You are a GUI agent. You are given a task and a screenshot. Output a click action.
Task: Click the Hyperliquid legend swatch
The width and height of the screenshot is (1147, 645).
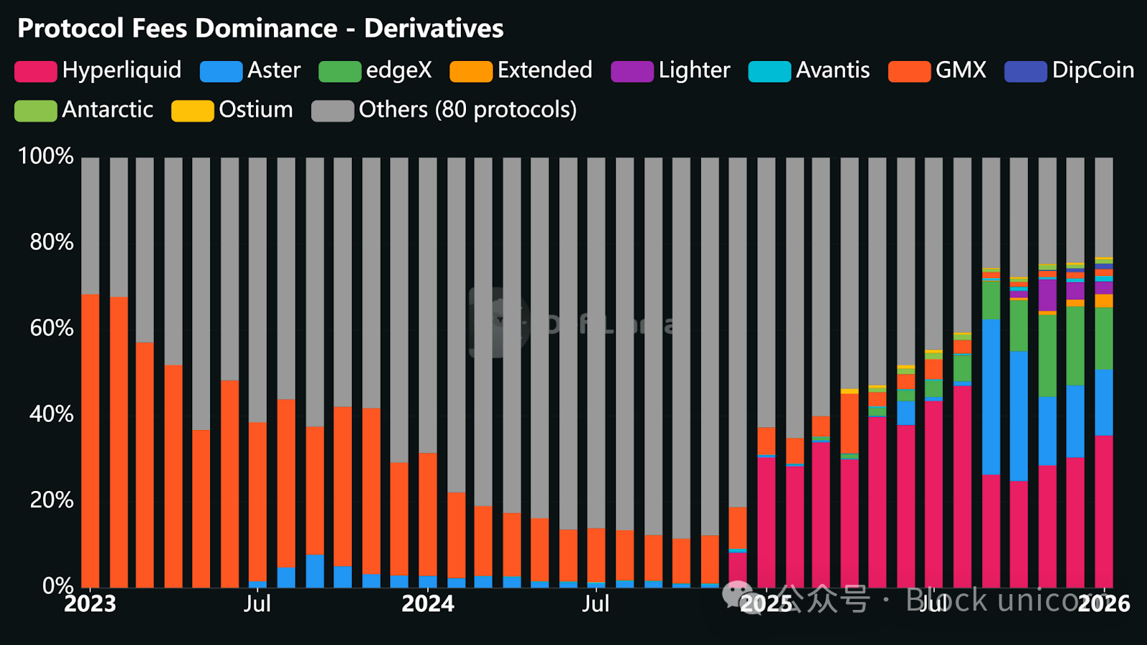click(36, 72)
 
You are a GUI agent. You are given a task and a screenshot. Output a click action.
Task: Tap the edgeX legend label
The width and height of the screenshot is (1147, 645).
click(399, 70)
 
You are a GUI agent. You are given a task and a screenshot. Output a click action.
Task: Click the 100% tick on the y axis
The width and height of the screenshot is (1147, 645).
click(46, 156)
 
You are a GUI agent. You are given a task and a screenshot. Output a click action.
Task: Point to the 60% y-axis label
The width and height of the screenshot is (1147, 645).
click(52, 328)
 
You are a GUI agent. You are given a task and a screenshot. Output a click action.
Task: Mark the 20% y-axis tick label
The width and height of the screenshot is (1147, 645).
click(52, 500)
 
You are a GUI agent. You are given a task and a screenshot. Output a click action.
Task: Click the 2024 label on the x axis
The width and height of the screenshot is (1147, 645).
click(427, 603)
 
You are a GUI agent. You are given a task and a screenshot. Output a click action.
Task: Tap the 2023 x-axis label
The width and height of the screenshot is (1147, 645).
click(90, 603)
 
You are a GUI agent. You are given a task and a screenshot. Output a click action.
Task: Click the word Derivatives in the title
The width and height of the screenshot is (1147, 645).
click(434, 29)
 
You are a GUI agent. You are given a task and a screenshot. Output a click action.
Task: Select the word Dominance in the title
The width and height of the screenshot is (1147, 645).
click(266, 29)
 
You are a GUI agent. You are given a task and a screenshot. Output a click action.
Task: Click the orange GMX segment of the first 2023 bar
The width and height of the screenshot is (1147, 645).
click(90, 441)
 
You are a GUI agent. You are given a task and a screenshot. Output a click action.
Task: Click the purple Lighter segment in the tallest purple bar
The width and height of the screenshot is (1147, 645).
click(1047, 295)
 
